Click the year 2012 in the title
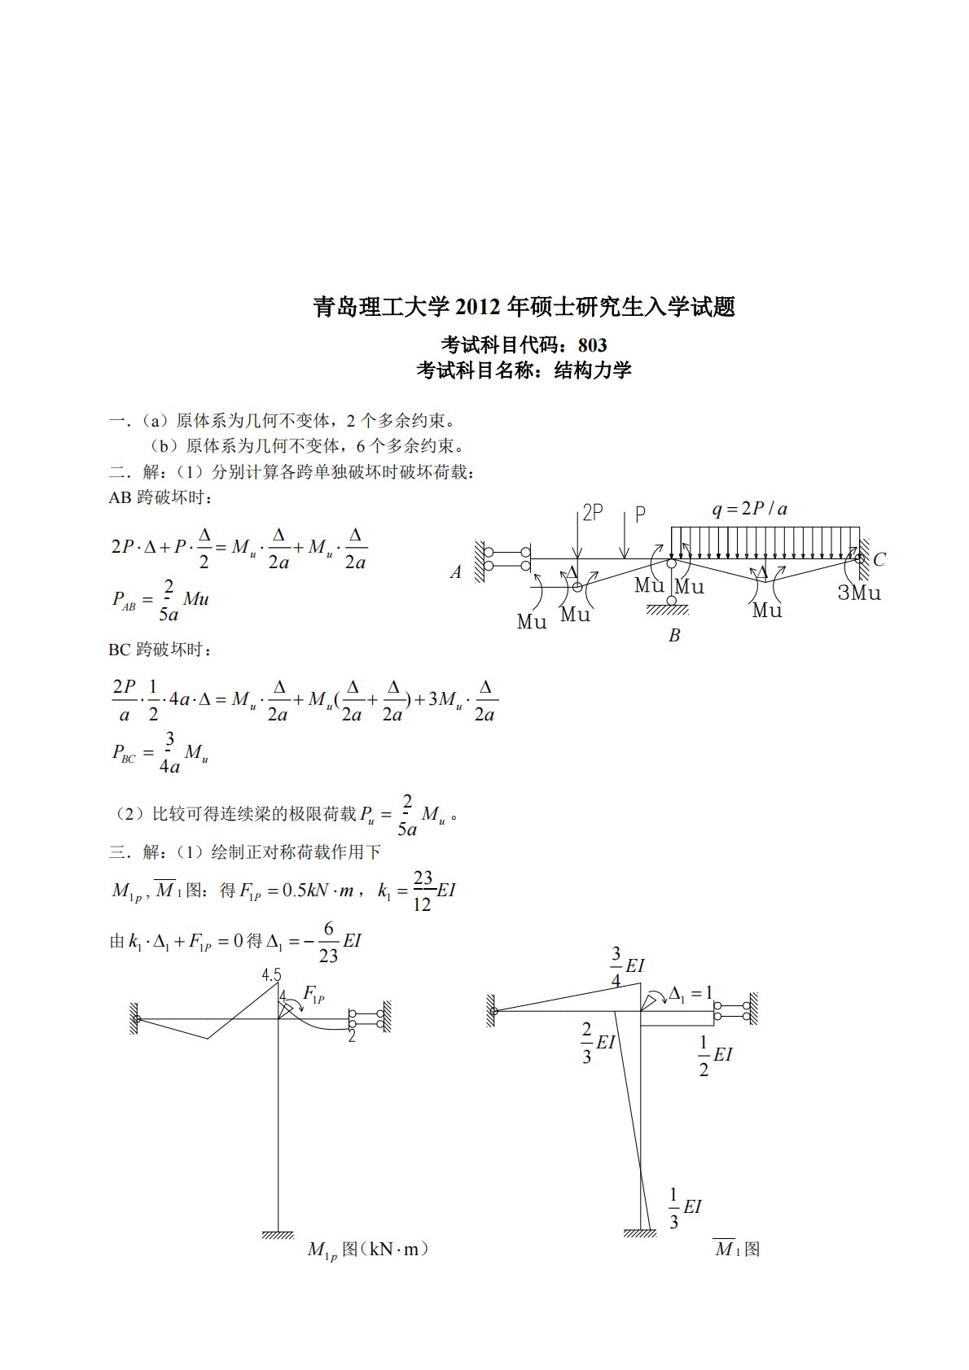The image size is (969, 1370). click(x=477, y=307)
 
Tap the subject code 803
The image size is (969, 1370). click(x=592, y=345)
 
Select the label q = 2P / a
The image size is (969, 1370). click(x=749, y=510)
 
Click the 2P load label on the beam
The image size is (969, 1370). click(x=592, y=513)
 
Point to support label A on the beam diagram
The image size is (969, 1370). click(x=456, y=573)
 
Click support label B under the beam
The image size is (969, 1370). click(x=673, y=636)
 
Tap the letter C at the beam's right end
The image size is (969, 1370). click(x=879, y=560)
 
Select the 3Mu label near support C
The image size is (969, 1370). click(x=859, y=593)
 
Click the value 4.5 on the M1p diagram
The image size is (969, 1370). click(x=271, y=975)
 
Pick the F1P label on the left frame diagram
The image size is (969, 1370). click(x=313, y=994)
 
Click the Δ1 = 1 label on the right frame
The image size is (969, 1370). click(x=691, y=993)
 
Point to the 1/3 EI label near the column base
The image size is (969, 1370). click(x=684, y=1208)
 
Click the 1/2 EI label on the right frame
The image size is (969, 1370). click(x=715, y=1056)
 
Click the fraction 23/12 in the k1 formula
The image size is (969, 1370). click(x=423, y=891)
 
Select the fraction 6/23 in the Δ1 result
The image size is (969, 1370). click(x=328, y=942)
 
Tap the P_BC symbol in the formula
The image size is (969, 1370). click(x=124, y=753)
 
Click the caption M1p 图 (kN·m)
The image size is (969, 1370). click(x=367, y=1250)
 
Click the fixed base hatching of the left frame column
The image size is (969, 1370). click(x=278, y=1235)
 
